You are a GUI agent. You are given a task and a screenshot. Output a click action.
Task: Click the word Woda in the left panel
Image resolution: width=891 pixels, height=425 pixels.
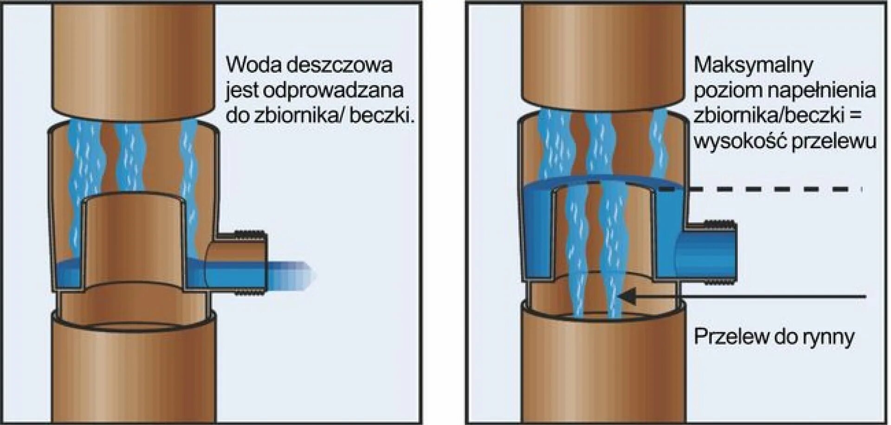(x=251, y=65)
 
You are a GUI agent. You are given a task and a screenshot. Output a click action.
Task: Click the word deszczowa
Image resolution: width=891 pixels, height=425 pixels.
(x=339, y=65)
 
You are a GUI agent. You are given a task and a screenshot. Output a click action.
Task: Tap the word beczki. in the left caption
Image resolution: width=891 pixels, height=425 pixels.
(x=381, y=116)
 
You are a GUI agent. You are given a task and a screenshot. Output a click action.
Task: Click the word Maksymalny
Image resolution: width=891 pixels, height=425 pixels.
(x=753, y=65)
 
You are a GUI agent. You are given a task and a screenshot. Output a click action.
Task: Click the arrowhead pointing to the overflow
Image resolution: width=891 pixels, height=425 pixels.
(x=627, y=296)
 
